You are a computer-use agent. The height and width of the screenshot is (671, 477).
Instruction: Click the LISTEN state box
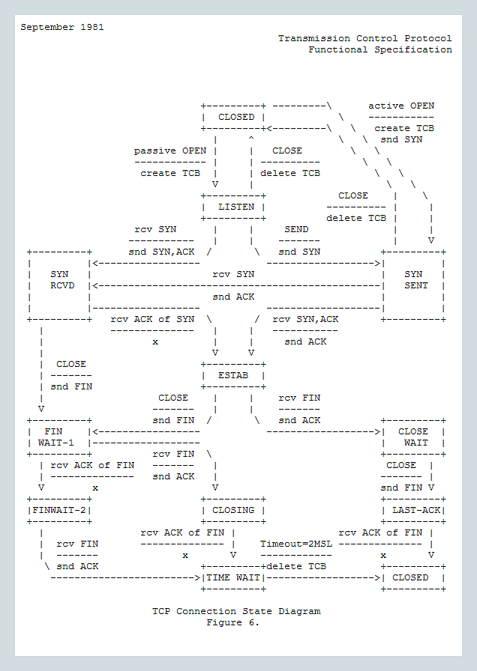point(235,207)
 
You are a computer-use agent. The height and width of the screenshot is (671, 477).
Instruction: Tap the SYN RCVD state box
point(59,279)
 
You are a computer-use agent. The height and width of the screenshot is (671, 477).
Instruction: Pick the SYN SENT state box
point(413,279)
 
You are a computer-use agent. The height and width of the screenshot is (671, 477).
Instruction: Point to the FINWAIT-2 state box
point(59,510)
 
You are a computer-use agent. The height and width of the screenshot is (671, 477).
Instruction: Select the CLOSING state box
point(233,510)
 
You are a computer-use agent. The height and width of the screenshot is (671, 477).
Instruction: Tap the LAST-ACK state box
point(413,510)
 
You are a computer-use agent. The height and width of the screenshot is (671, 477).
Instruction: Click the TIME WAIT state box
point(233,577)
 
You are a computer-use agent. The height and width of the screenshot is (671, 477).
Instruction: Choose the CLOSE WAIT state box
point(413,437)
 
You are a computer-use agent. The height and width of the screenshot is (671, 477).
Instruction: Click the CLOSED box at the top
point(235,117)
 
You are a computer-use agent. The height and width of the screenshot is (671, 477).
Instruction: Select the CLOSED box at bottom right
point(413,577)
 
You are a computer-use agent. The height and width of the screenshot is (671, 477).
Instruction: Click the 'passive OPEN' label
point(170,151)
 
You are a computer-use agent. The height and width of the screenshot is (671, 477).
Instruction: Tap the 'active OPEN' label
point(401,106)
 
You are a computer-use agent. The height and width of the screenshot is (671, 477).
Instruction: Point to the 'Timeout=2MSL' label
point(296,544)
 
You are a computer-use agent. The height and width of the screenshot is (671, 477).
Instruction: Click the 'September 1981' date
point(62,27)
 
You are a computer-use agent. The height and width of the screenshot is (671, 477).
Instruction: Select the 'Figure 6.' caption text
point(233,622)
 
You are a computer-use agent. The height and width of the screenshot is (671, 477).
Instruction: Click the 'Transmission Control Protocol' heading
point(365,38)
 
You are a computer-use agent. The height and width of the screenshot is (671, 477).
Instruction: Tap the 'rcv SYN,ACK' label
point(305,319)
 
